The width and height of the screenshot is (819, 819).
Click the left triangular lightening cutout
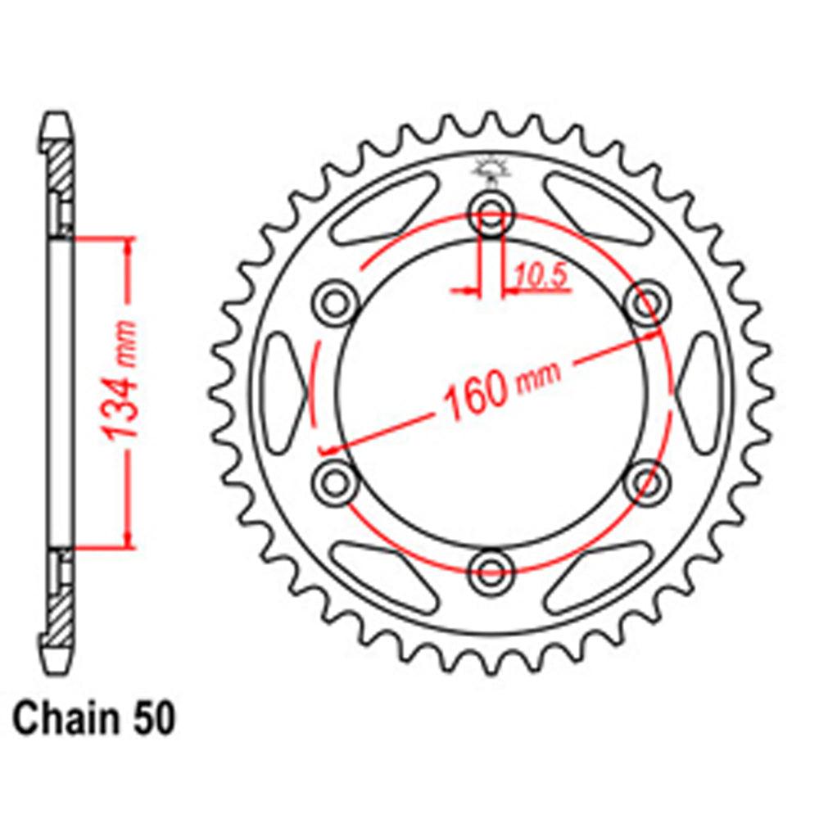(283, 391)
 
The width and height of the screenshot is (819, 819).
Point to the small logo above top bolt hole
(491, 169)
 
